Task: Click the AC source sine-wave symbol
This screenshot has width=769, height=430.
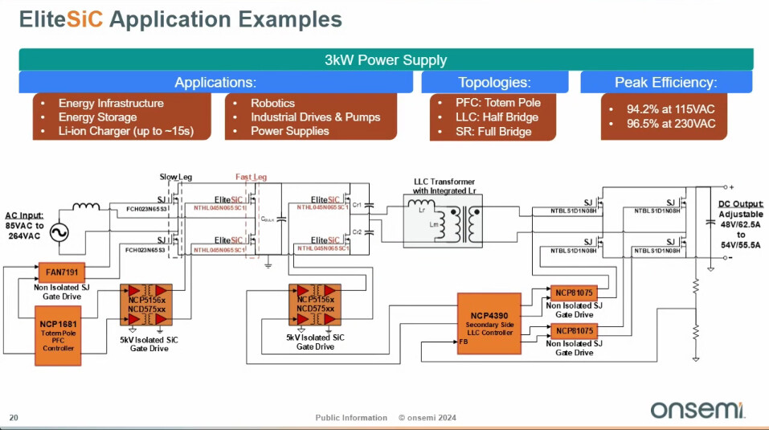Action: coord(59,233)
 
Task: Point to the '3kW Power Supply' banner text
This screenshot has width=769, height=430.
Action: coord(386,60)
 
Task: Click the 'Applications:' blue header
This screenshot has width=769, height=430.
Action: coord(215,82)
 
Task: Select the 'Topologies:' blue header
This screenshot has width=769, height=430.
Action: coord(494,82)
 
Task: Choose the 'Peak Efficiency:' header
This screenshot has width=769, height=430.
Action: coord(665,82)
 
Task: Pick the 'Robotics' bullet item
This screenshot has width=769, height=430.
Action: coord(272,103)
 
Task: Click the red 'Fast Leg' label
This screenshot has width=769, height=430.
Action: coord(251,177)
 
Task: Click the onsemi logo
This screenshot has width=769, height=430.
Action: coord(697,409)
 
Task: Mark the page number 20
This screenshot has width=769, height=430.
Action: coord(14,417)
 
